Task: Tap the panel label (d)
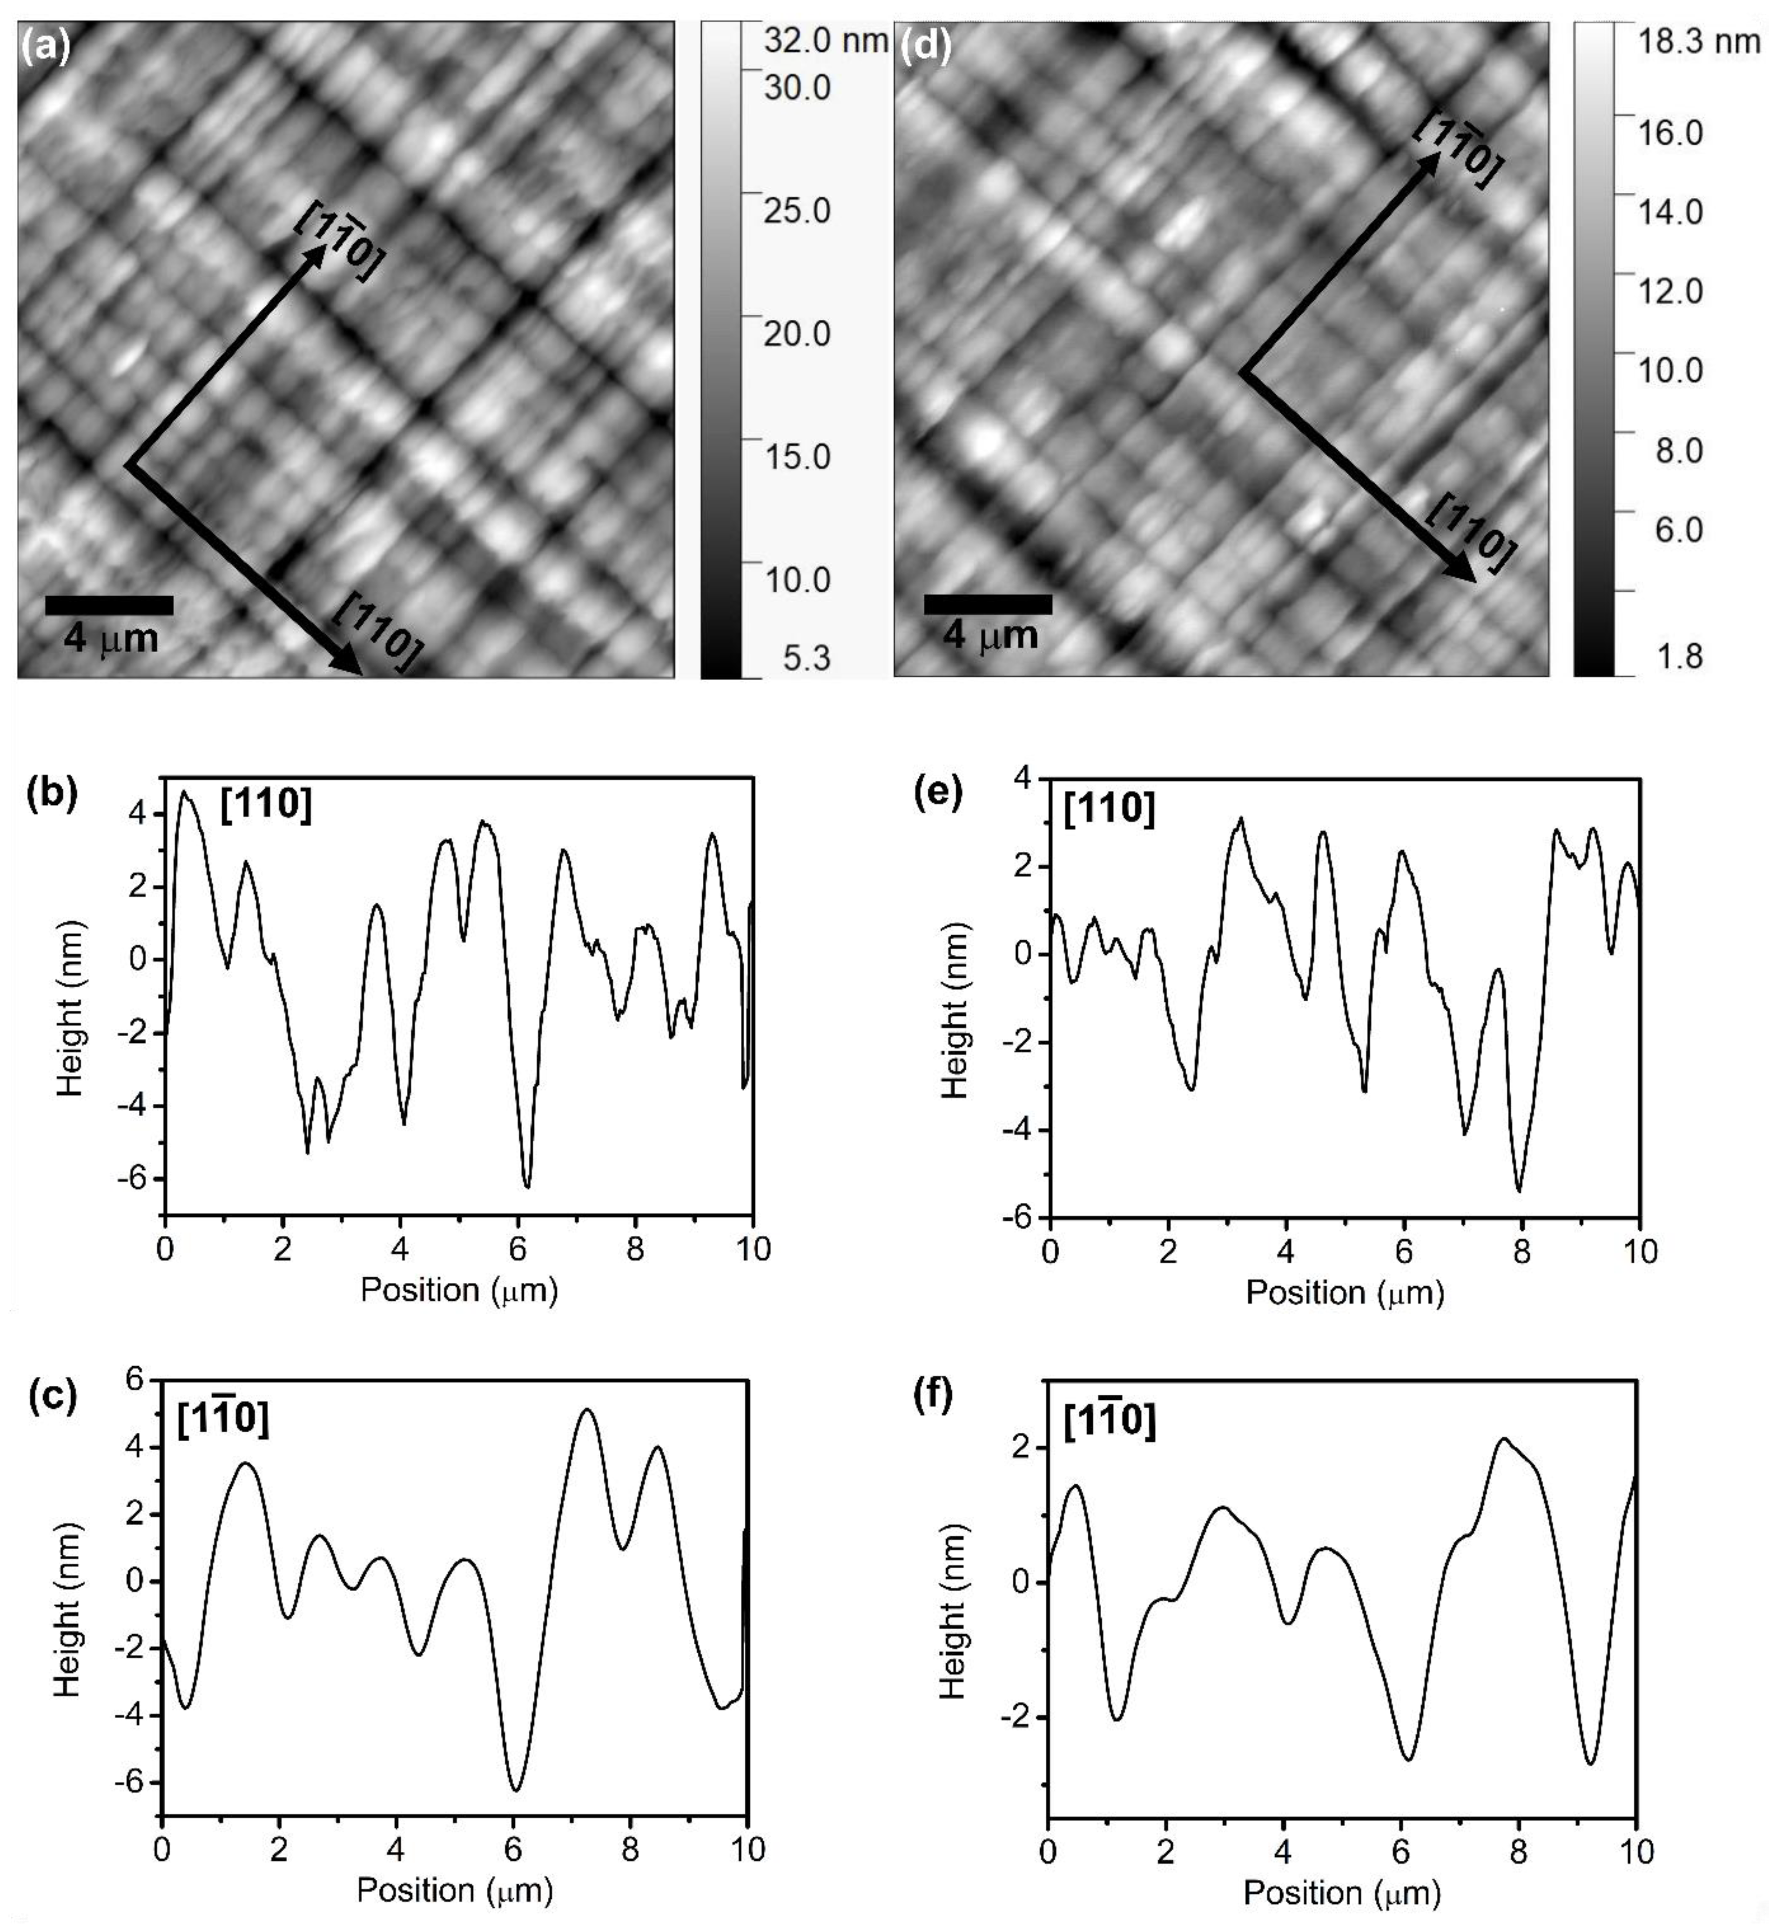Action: pyautogui.click(x=924, y=45)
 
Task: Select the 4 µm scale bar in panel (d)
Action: pyautogui.click(x=988, y=604)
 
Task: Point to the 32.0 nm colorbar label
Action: pyautogui.click(x=825, y=40)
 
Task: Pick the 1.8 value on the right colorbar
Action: pyautogui.click(x=1679, y=656)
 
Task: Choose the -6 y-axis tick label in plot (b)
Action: pyautogui.click(x=135, y=1179)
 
